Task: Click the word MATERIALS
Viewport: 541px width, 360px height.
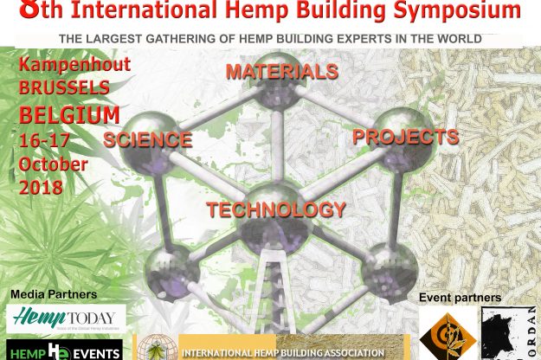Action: (281, 73)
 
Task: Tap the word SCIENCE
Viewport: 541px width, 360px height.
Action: (148, 139)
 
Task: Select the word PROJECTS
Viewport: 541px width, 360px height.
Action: (404, 137)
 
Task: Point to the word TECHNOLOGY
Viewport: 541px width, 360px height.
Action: (276, 209)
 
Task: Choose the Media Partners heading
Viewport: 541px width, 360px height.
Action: (54, 295)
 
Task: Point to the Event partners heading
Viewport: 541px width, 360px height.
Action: (460, 298)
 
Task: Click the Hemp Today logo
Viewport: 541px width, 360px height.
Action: (68, 318)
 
